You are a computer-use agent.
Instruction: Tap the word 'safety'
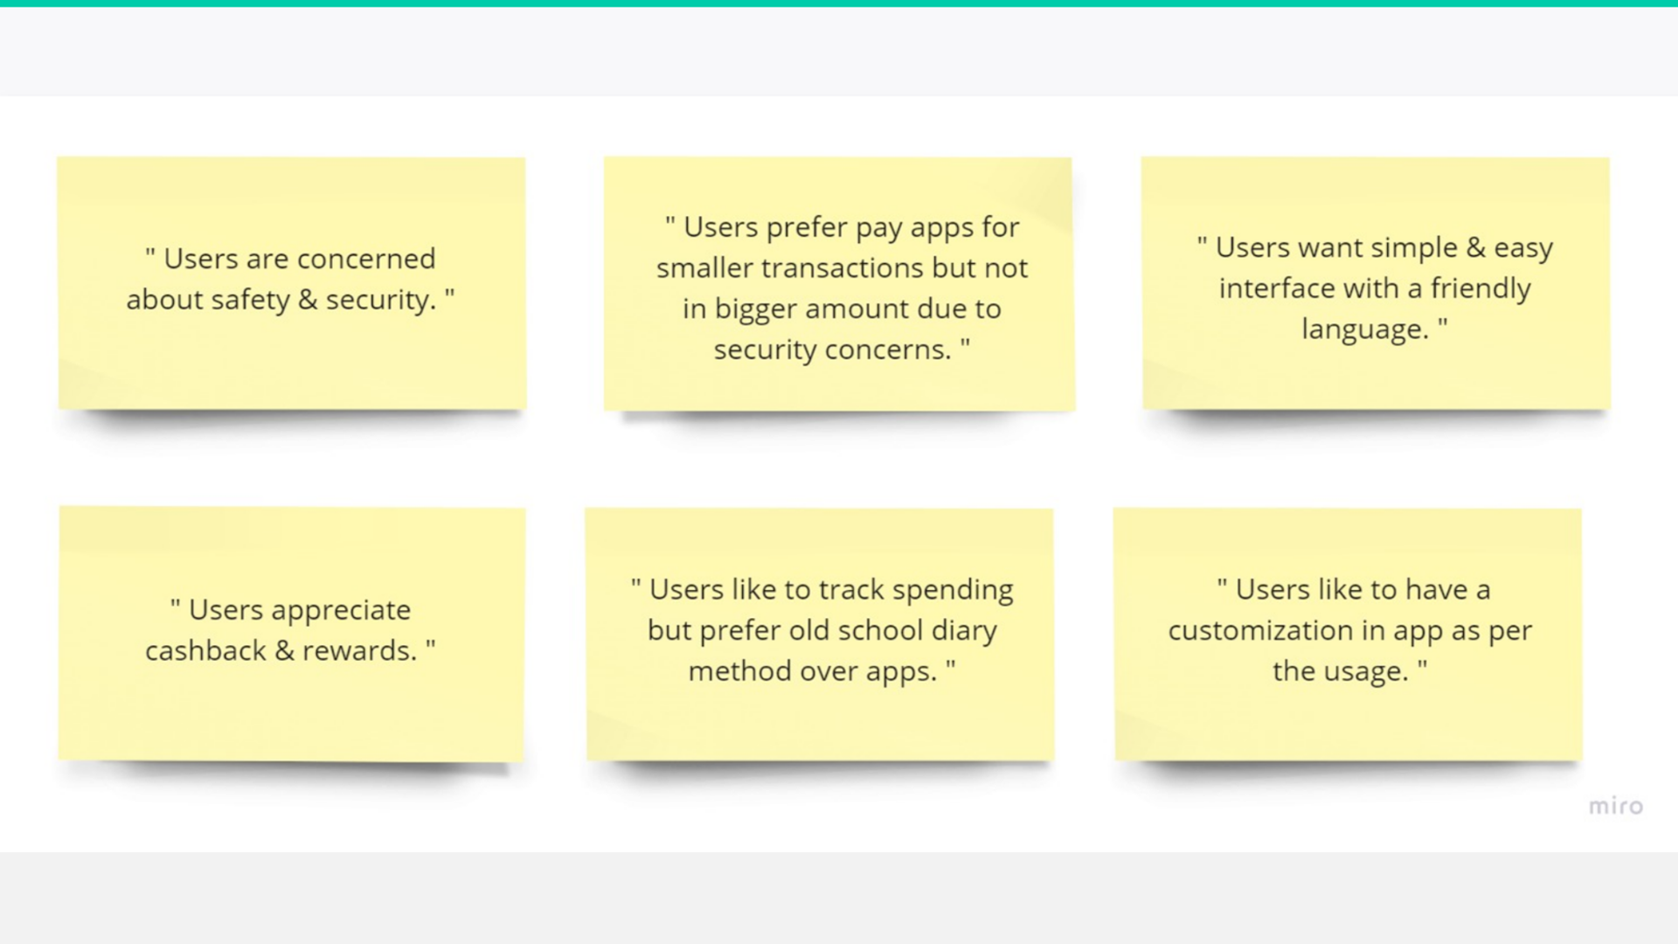coord(250,301)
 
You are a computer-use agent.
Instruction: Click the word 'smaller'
coord(704,267)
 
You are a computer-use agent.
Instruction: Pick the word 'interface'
coord(1277,288)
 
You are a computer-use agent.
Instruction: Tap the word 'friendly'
coord(1480,289)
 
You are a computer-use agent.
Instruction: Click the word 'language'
coord(1364,330)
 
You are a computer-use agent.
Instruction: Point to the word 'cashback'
coord(205,650)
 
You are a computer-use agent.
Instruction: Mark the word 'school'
coord(880,630)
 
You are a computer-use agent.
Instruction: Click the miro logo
coord(1616,806)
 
